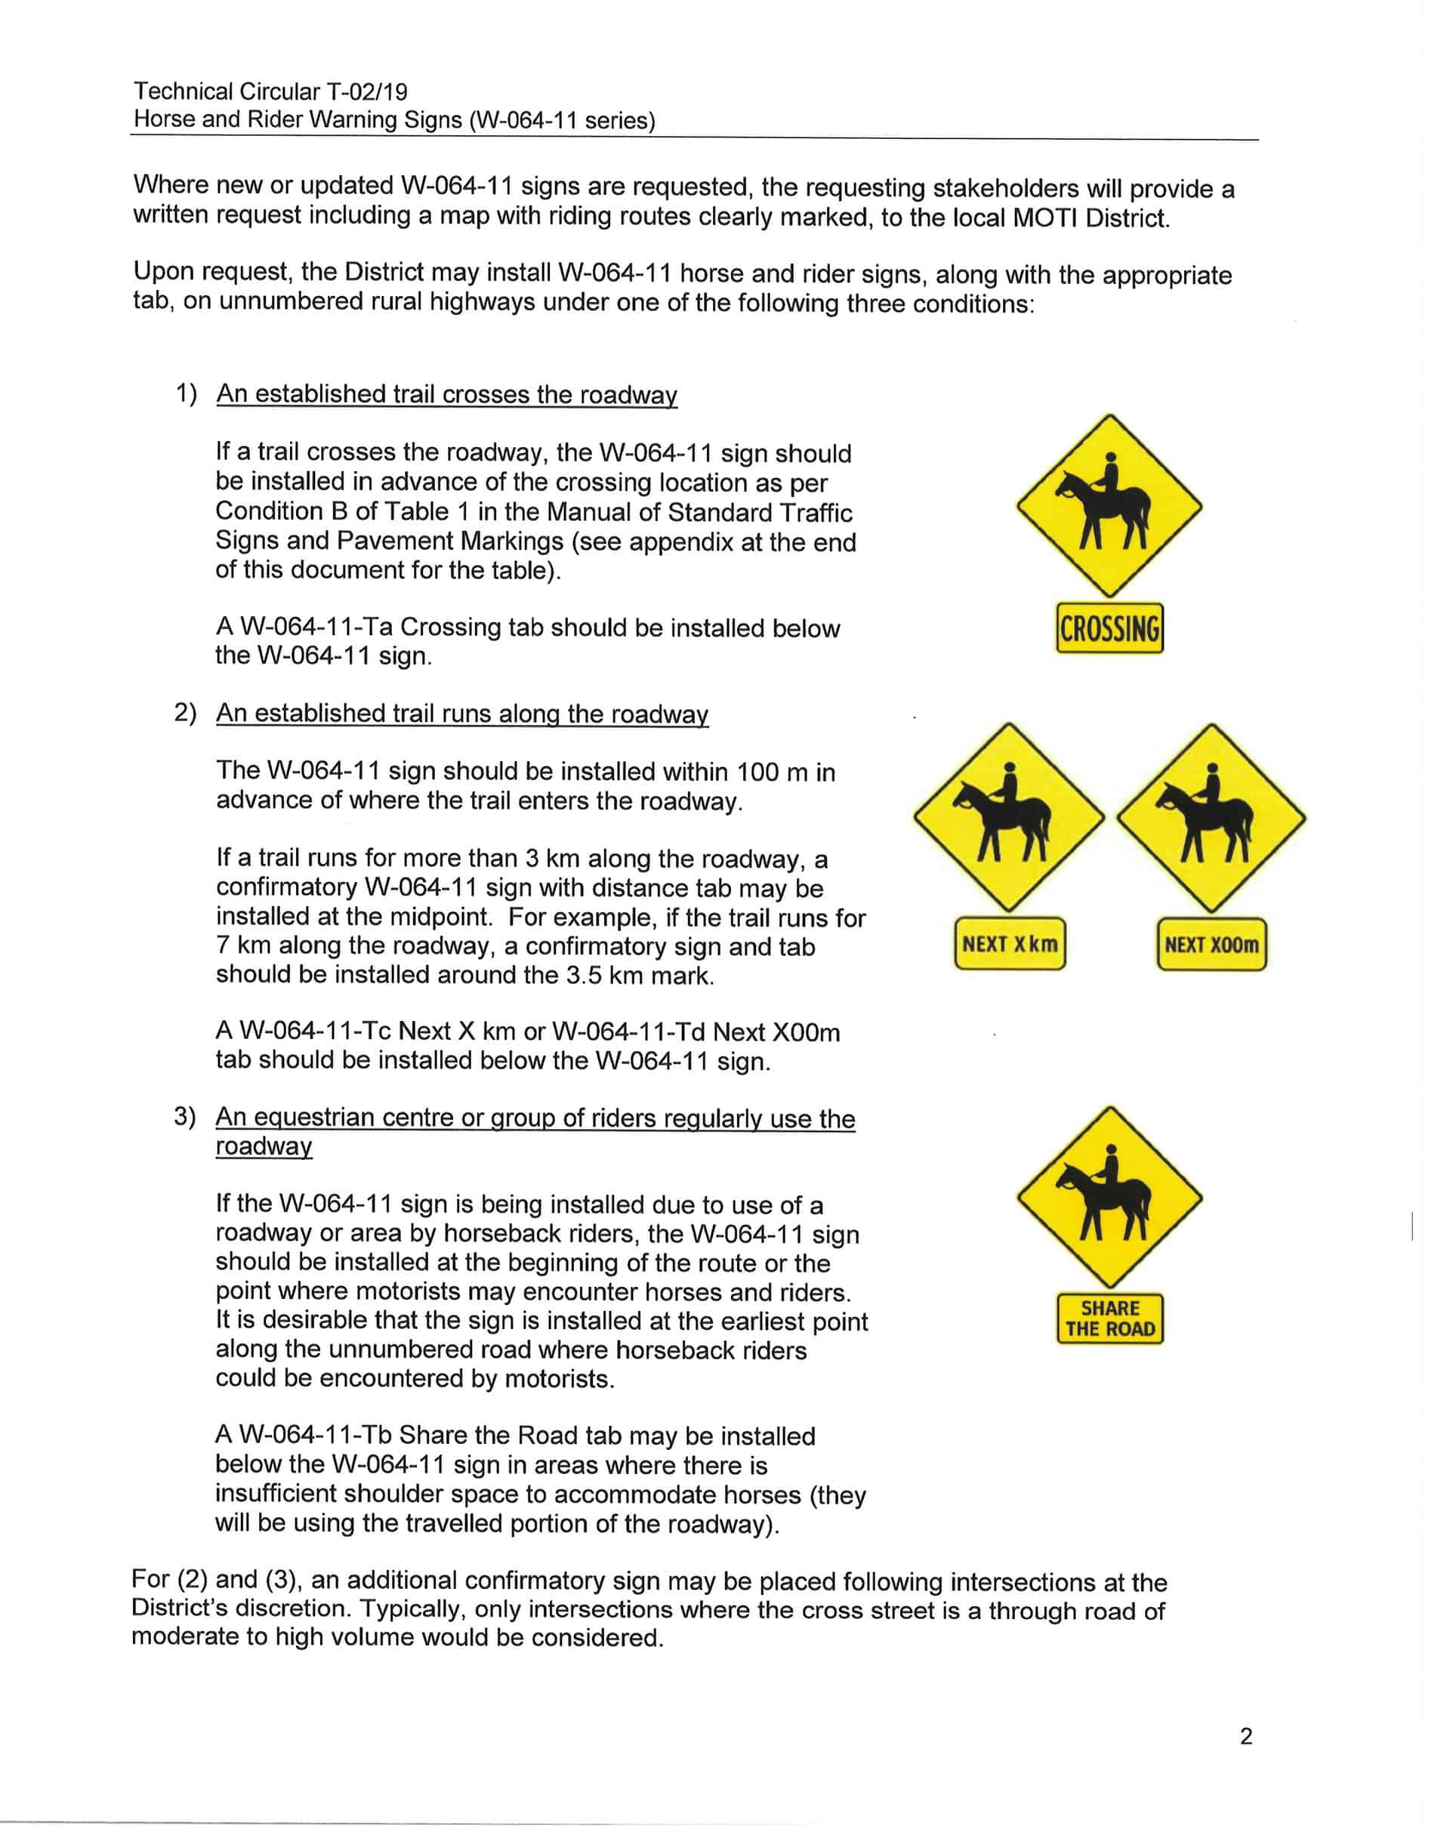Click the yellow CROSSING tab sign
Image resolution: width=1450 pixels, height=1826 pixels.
(x=1109, y=628)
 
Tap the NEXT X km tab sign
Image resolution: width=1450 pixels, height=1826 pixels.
(x=1010, y=943)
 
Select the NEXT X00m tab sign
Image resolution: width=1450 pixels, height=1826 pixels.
(x=1211, y=944)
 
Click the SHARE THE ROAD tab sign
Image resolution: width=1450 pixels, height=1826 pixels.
(x=1109, y=1318)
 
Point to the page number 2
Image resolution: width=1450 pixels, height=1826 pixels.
(x=1246, y=1737)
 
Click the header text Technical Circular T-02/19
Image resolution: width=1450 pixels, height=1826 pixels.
(x=270, y=91)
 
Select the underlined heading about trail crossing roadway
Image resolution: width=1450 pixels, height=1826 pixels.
(x=446, y=394)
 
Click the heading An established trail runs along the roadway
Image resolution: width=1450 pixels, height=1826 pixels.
(x=461, y=713)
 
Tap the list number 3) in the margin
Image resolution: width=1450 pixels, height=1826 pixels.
(x=184, y=1116)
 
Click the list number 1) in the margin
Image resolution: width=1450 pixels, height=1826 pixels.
(x=186, y=394)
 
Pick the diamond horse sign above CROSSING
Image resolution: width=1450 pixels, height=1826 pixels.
(x=1109, y=507)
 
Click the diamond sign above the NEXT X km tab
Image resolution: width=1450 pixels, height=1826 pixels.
(x=1009, y=818)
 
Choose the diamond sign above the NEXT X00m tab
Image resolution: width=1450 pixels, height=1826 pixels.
(x=1211, y=818)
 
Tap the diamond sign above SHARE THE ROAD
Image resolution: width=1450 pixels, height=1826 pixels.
(x=1109, y=1197)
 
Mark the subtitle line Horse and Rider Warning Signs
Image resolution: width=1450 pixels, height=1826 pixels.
(x=393, y=119)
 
